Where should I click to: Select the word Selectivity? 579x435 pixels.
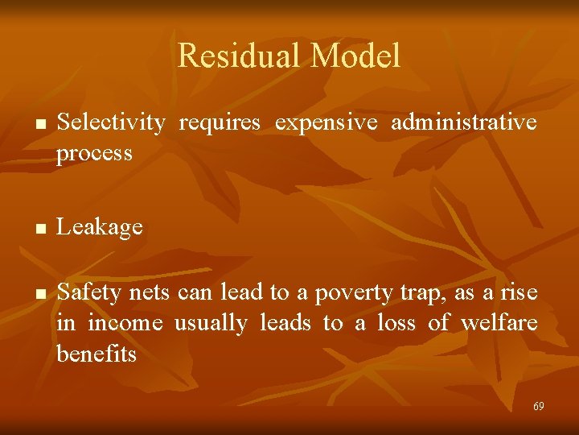112,122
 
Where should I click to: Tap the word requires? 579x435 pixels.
220,122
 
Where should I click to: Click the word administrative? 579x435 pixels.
464,122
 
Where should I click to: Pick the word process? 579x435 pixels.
94,154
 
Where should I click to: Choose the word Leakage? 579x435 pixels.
101,228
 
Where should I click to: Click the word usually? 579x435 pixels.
211,324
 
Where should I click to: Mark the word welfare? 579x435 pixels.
499,323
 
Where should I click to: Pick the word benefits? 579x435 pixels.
96,354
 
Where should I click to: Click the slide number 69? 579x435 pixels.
538,407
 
